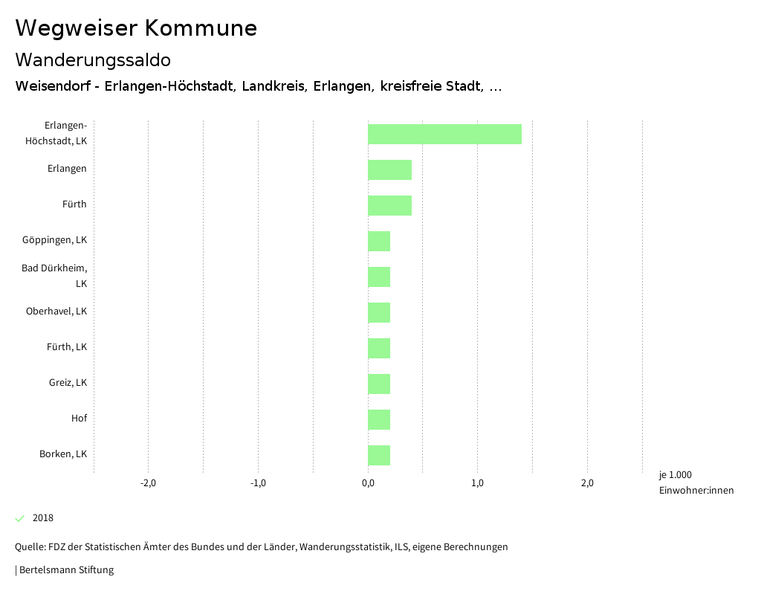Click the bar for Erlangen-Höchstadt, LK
444,134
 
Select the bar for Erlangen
389,170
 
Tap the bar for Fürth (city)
389,205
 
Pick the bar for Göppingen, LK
379,241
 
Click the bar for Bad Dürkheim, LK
379,277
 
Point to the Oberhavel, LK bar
379,312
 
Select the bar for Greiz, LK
379,384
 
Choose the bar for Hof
379,419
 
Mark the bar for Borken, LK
379,455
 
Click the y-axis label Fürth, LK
68,347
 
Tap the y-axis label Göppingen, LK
54,240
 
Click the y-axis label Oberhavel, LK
56,311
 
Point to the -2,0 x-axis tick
148,483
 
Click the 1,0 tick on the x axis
477,483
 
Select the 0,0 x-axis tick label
368,483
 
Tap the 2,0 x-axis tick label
587,483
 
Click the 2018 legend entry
42,518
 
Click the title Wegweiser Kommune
136,28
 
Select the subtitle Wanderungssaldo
93,59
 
